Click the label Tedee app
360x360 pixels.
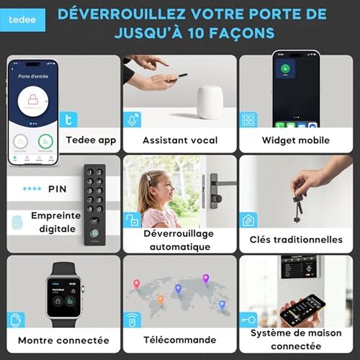[91, 140]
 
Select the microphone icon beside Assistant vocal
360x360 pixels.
[133, 119]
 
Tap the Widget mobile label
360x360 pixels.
[296, 140]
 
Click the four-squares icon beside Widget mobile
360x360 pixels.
[249, 119]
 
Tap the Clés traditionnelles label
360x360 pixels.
[296, 239]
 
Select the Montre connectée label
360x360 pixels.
[64, 340]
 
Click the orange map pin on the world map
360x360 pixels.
[160, 298]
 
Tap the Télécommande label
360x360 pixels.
[179, 340]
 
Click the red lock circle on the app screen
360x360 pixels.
[34, 99]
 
